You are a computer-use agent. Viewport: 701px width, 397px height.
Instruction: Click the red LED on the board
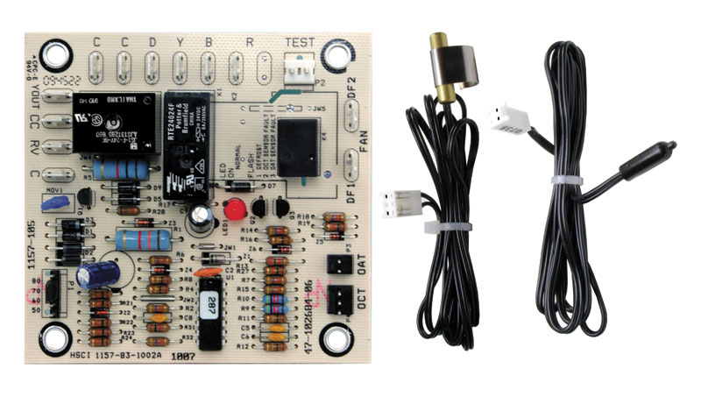(233, 210)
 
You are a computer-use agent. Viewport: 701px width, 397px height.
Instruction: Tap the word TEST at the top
(304, 42)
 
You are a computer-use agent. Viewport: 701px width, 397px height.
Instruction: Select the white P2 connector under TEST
(301, 73)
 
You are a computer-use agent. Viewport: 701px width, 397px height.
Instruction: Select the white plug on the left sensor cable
(394, 204)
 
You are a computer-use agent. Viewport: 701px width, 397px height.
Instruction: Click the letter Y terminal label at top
(180, 42)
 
